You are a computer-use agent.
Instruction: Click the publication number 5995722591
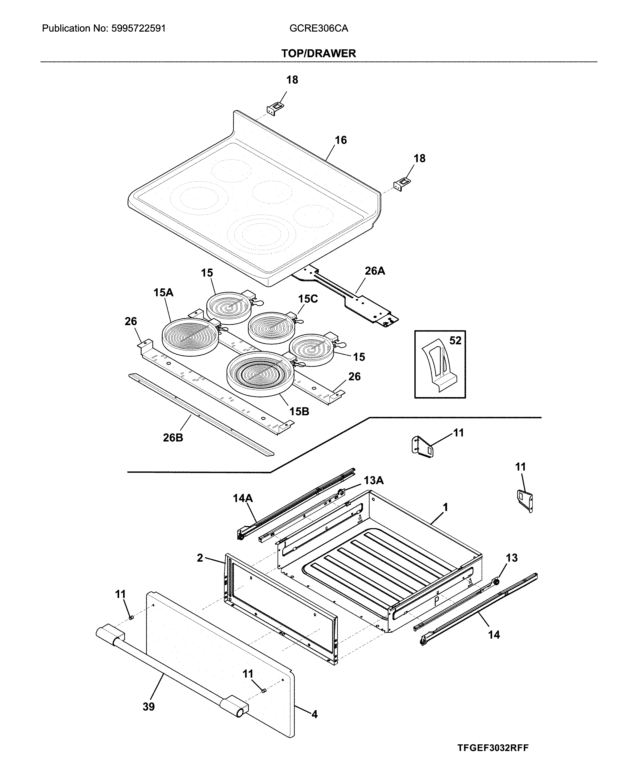(137, 28)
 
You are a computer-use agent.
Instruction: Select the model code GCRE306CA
(319, 28)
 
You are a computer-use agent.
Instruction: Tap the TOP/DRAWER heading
(318, 54)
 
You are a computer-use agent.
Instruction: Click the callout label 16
(341, 140)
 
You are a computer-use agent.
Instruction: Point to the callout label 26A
(375, 271)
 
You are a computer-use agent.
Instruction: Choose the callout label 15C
(308, 299)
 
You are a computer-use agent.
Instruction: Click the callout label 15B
(299, 412)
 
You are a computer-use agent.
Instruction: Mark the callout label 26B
(173, 438)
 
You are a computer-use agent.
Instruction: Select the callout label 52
(455, 341)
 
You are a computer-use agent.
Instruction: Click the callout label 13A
(374, 480)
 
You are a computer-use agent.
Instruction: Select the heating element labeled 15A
(190, 337)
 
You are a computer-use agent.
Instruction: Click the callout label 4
(314, 714)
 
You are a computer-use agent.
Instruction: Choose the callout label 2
(200, 558)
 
